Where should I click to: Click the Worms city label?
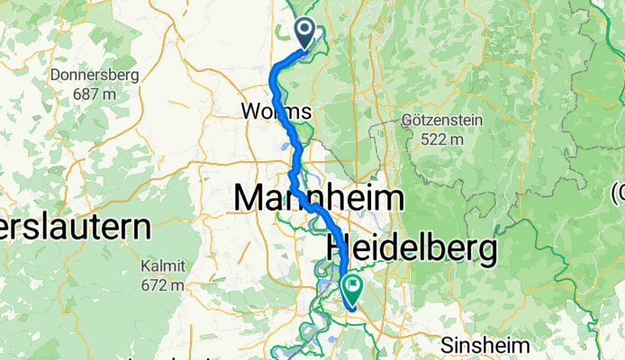tap(276, 112)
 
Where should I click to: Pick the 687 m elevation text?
tap(95, 93)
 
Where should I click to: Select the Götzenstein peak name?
tap(444, 121)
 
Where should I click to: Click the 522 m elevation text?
tap(442, 139)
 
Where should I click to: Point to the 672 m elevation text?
tap(162, 285)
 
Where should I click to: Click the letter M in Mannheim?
tap(251, 198)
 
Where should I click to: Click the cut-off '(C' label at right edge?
tap(618, 192)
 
